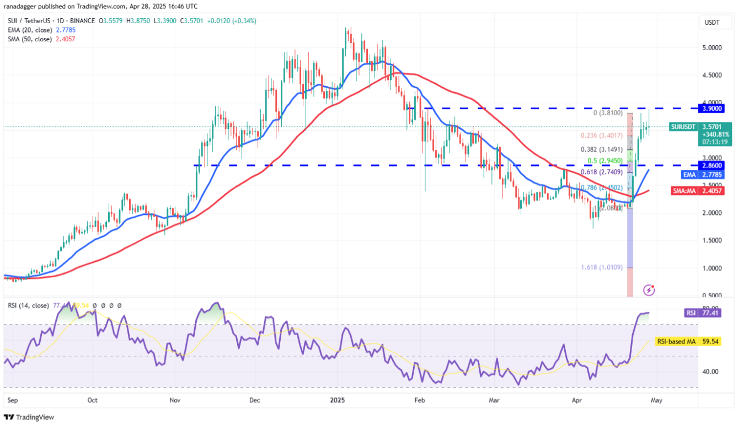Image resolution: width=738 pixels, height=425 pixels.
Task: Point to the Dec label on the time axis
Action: (255, 400)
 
